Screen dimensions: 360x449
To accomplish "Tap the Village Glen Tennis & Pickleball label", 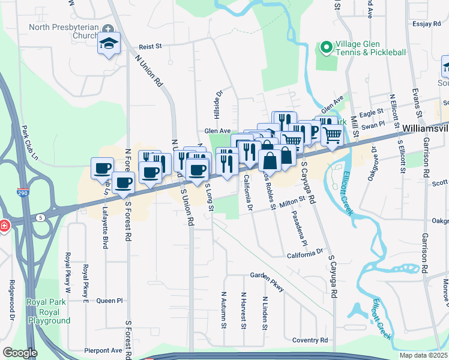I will coord(370,47).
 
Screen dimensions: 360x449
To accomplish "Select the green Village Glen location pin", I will coord(327,47).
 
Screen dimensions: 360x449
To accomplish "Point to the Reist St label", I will coord(151,46).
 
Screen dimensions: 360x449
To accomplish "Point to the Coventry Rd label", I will coord(310,340).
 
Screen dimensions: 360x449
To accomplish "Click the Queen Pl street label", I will coord(109,301).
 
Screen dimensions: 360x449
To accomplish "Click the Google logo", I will coord(20,353).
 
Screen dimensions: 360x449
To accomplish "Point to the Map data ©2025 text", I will coord(423,355).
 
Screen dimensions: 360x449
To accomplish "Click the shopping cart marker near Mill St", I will coord(331,136).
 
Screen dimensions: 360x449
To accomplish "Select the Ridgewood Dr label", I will coord(11,294).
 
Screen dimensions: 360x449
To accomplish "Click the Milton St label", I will coord(293,199).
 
